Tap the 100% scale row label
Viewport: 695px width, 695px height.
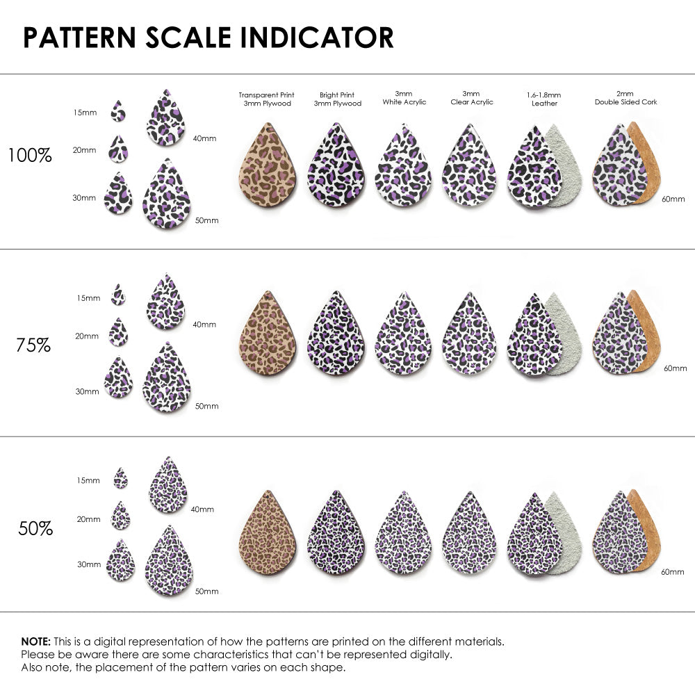pos(30,156)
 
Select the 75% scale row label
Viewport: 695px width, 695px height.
pos(33,345)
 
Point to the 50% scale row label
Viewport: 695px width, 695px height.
pos(35,528)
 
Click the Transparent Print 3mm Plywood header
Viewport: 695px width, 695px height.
pos(266,99)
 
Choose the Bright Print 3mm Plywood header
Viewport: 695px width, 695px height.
pos(338,99)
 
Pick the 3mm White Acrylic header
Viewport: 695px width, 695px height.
pos(403,98)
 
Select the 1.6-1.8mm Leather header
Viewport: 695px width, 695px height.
pos(543,99)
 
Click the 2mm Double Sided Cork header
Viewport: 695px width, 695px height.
pos(625,98)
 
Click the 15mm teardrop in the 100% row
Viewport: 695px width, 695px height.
pos(118,111)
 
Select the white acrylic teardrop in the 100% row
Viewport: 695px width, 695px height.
pos(403,167)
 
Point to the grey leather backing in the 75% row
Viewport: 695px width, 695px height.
pos(566,334)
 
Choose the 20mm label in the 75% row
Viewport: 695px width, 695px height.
pos(87,336)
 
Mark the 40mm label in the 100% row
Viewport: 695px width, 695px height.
pos(204,138)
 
